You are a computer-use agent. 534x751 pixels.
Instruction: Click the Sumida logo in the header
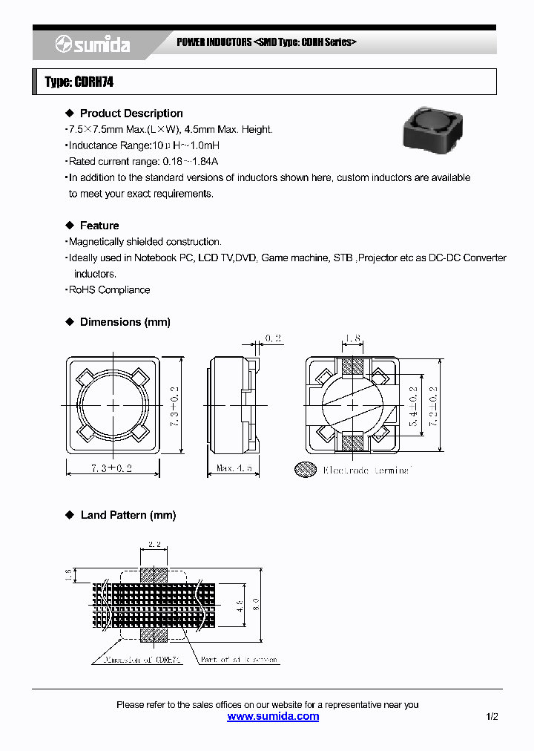pos(93,45)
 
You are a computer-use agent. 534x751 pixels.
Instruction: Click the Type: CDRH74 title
pos(79,82)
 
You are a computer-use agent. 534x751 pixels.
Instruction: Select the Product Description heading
pos(131,114)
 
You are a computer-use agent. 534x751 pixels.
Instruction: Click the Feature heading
pos(99,226)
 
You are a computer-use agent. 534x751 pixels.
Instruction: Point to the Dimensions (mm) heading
pos(125,322)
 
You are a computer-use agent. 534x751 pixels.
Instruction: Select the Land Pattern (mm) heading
pos(128,515)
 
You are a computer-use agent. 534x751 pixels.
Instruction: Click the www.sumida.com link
pos(273,716)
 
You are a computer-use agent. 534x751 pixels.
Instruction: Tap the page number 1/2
pos(492,716)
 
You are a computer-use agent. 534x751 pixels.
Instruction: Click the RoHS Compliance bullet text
pos(109,290)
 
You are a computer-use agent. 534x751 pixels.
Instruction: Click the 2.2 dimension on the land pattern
pos(154,544)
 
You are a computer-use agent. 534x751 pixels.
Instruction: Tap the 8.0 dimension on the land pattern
pos(255,602)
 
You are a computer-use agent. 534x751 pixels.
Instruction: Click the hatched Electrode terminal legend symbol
pos(305,470)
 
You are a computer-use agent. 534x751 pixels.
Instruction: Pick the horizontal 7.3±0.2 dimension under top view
pos(111,469)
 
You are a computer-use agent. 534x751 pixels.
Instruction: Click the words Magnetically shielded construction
pos(145,242)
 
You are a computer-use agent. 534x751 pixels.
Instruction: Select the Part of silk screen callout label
pos(240,659)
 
